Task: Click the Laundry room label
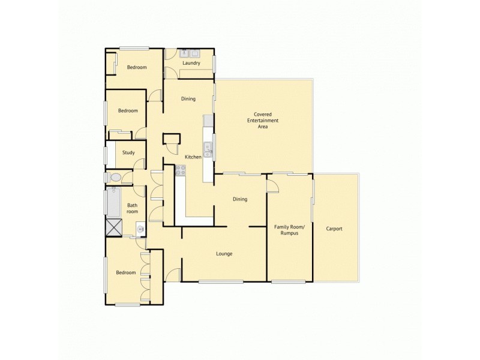pos(191,62)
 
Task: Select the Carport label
pos(334,229)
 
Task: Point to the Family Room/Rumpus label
pos(289,230)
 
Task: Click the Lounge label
pos(224,254)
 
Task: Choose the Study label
pos(128,152)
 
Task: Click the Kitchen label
pos(193,157)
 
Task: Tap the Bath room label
pos(132,208)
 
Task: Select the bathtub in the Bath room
pos(113,202)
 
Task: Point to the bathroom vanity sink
pos(140,227)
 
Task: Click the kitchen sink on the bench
pos(208,148)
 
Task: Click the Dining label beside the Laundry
pos(188,99)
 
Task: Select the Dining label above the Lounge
pos(240,199)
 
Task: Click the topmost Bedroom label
pos(137,67)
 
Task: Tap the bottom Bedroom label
pos(126,273)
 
